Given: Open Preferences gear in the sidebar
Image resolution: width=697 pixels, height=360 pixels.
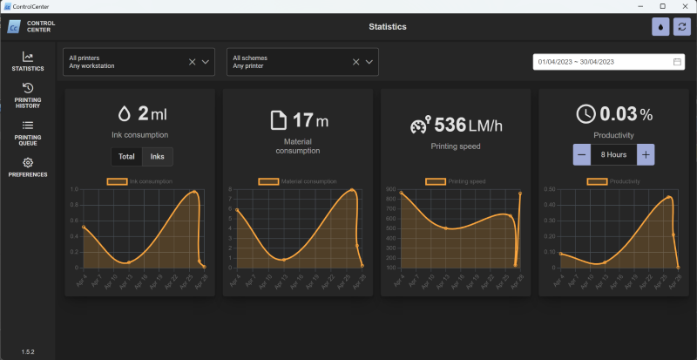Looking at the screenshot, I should coord(28,166).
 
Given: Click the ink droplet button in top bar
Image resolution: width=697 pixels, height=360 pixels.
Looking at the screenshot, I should coord(661,27).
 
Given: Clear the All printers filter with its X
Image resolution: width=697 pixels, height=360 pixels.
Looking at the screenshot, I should coord(192,62).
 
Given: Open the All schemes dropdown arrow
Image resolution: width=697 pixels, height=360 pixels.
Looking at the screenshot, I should coord(370,62).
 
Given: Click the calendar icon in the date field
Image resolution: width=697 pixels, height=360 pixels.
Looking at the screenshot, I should coord(677,62).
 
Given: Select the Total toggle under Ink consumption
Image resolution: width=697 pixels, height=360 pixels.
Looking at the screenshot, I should coord(126,156).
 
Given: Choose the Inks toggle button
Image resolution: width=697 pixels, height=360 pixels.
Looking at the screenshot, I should coord(158,156).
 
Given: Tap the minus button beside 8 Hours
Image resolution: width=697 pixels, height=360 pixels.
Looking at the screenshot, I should coord(581,154).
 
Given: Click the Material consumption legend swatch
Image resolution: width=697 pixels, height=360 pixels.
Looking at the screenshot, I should coord(269,181).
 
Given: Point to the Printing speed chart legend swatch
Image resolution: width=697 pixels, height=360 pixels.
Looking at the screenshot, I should coord(435,181).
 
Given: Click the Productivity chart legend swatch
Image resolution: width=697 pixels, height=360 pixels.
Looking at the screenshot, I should coord(597,181).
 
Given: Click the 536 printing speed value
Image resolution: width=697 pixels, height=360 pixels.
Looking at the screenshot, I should coord(450,126).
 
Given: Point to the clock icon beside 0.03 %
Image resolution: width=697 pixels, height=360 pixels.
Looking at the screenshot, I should coord(586,113).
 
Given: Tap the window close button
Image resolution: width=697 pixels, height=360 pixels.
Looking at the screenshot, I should coord(685,6).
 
